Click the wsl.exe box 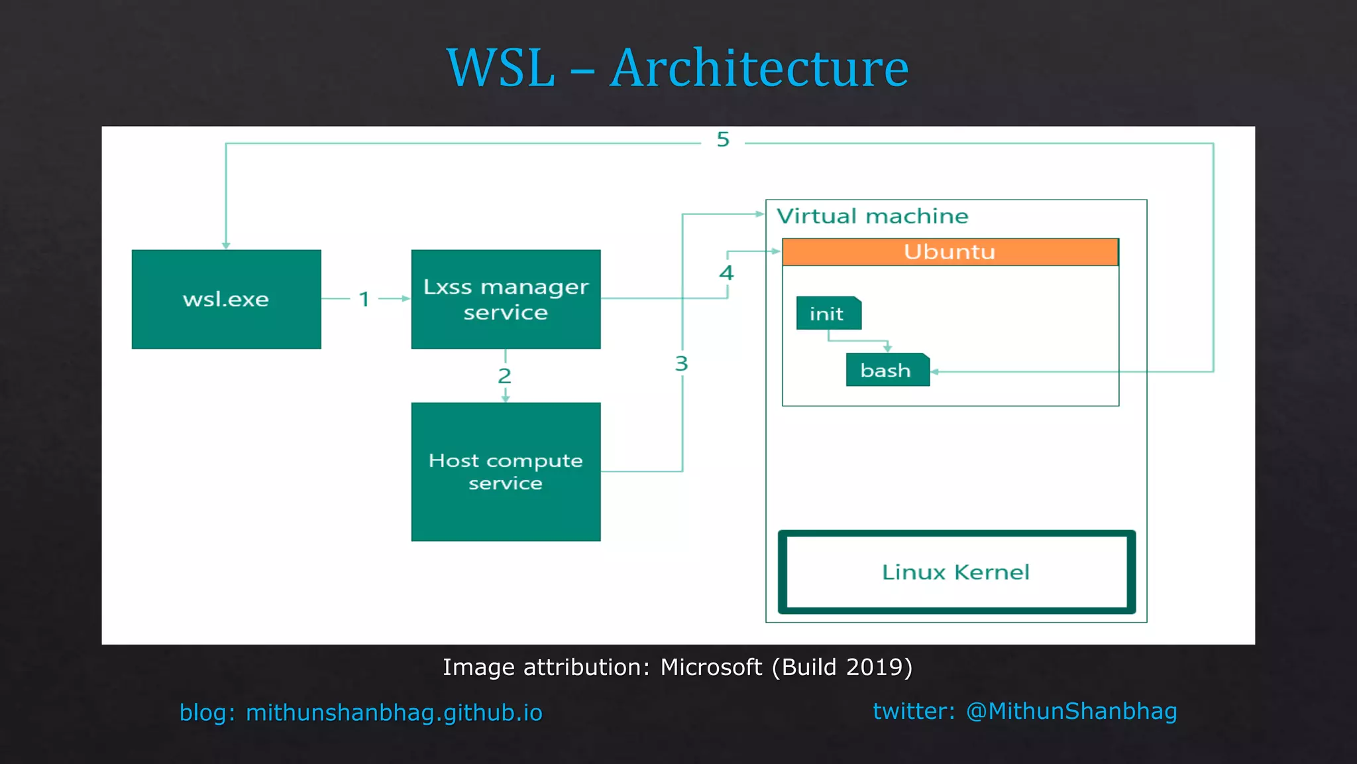(x=226, y=299)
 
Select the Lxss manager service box (x=506, y=299)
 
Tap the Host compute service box (x=506, y=472)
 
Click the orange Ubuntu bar (x=950, y=252)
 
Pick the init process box (x=828, y=314)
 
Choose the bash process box (x=887, y=370)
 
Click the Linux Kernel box (x=956, y=572)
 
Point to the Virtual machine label (x=872, y=216)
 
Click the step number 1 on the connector (x=364, y=299)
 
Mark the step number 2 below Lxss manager (x=505, y=376)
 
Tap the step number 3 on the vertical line (x=682, y=363)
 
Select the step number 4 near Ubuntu (x=727, y=273)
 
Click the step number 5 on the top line (x=723, y=139)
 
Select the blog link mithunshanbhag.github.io (x=394, y=713)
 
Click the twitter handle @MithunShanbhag (x=1071, y=711)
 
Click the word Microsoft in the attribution (x=711, y=667)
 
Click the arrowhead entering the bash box (x=935, y=371)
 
